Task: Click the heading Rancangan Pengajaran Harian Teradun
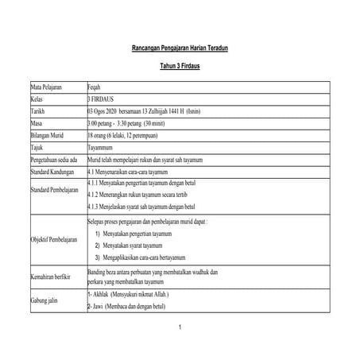pos(179,49)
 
